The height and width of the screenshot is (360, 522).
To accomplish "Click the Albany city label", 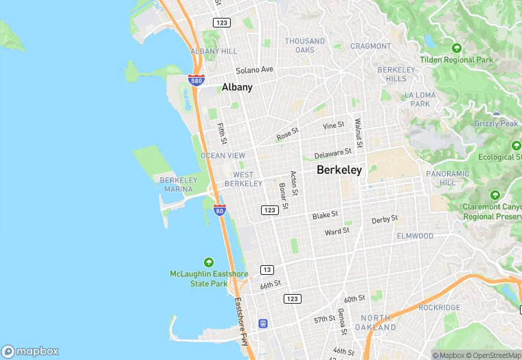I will (237, 87).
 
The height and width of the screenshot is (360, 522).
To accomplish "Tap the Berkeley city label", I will (339, 170).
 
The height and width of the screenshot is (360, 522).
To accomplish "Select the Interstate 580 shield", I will (196, 80).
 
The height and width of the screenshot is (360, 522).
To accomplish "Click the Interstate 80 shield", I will (219, 210).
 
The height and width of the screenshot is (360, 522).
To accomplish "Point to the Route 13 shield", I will (266, 269).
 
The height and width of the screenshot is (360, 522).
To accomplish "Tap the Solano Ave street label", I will (254, 70).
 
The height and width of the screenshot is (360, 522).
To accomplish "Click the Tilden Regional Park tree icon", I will (457, 48).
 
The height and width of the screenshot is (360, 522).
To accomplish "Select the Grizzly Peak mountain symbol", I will (496, 113).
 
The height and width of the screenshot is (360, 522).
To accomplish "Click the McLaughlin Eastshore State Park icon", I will (209, 262).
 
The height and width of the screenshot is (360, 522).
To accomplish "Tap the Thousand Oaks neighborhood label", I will (305, 45).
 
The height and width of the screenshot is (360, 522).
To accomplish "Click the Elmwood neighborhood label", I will (415, 236).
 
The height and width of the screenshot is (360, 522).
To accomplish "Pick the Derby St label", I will (385, 219).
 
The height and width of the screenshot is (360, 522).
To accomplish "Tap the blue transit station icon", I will (262, 323).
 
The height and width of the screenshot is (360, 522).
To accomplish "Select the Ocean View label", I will (223, 156).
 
